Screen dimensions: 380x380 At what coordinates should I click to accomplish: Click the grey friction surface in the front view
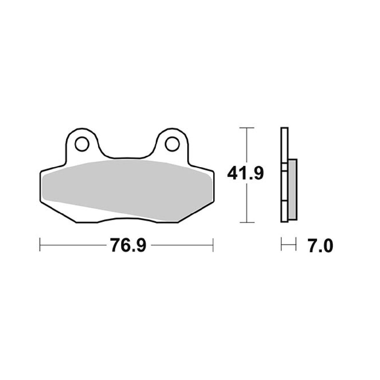tap(125, 188)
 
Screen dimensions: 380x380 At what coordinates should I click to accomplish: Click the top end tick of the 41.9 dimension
tap(247, 128)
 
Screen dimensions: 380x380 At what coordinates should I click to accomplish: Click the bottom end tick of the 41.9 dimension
tap(247, 223)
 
